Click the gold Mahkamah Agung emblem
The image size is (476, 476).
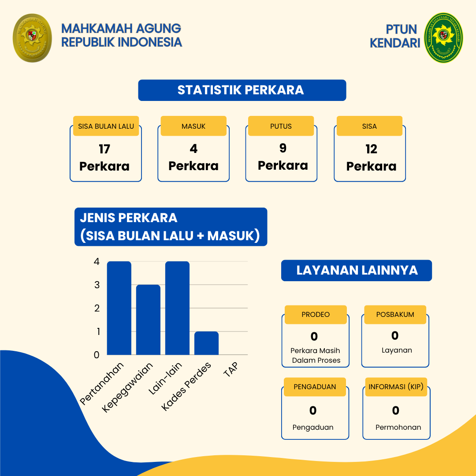click(x=32, y=38)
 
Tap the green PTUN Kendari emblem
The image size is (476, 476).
click(x=443, y=37)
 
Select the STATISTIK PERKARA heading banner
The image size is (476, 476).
click(x=242, y=90)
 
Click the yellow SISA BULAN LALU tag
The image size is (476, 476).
click(x=106, y=126)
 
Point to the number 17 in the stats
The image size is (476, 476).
click(x=104, y=149)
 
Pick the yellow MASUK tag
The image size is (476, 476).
click(x=193, y=126)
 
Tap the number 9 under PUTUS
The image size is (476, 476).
click(x=283, y=148)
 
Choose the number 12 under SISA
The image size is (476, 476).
click(x=371, y=149)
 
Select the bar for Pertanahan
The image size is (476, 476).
click(x=119, y=308)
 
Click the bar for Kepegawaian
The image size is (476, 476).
click(x=148, y=320)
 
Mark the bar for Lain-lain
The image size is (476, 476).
click(x=177, y=308)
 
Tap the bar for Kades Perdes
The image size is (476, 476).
click(x=206, y=343)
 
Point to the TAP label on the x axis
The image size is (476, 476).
click(x=231, y=369)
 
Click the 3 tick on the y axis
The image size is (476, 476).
click(x=97, y=285)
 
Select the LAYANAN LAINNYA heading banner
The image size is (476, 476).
click(x=357, y=271)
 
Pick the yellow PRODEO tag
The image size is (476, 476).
click(x=316, y=315)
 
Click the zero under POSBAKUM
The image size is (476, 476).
click(x=395, y=336)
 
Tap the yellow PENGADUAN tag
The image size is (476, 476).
click(x=315, y=387)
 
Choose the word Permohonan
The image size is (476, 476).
click(x=398, y=428)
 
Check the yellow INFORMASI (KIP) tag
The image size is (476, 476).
click(x=396, y=387)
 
